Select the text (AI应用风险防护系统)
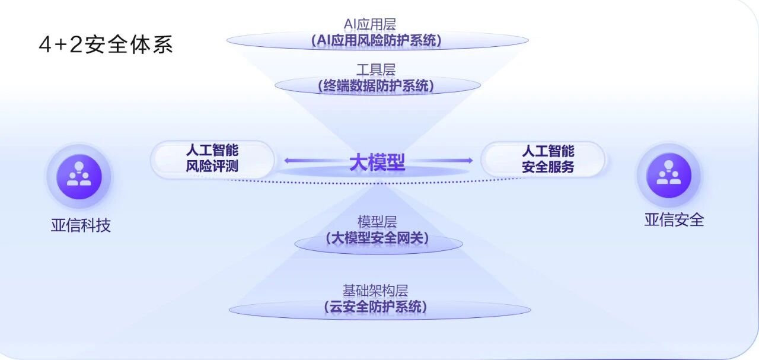(x=377, y=41)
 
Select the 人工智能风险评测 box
(x=212, y=158)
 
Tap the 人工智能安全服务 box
(x=543, y=158)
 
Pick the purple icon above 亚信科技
(x=79, y=177)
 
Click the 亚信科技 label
(x=81, y=225)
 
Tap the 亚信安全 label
(x=674, y=220)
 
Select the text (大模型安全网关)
(x=377, y=238)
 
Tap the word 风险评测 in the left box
(x=212, y=167)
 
